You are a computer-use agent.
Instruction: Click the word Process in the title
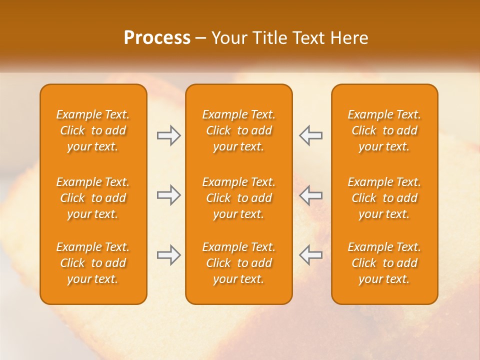click(157, 38)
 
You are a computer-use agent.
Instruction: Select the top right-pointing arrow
click(168, 135)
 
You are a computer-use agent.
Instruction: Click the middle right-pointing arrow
click(168, 195)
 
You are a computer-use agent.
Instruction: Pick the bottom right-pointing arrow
click(168, 255)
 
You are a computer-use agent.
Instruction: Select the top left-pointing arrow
click(311, 135)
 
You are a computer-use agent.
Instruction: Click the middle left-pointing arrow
click(311, 195)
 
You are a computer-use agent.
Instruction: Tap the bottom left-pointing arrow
click(311, 255)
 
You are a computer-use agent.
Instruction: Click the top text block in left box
click(93, 130)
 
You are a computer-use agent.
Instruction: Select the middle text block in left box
click(93, 198)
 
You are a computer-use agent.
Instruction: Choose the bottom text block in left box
click(93, 263)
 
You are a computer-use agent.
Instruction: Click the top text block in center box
click(238, 130)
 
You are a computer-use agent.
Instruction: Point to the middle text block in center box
click(238, 198)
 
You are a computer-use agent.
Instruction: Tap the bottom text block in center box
click(238, 263)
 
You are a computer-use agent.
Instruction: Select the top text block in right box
click(384, 130)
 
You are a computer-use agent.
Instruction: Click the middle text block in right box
click(384, 198)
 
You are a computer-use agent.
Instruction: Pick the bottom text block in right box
click(384, 263)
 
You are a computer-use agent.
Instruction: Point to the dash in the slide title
click(201, 38)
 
